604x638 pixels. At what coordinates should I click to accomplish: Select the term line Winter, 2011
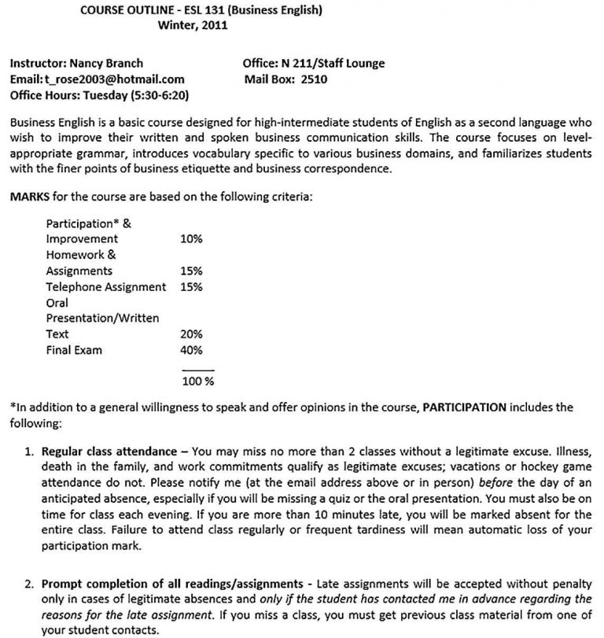[193, 24]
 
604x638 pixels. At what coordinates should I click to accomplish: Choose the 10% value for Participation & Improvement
[192, 238]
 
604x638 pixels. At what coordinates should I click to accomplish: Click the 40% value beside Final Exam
[192, 350]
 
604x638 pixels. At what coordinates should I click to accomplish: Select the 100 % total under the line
[198, 382]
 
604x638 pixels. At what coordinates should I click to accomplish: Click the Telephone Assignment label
[105, 286]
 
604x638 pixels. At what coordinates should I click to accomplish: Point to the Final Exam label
[74, 350]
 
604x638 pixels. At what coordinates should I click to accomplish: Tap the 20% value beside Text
[192, 334]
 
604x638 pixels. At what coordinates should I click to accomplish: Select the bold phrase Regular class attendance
[109, 452]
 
